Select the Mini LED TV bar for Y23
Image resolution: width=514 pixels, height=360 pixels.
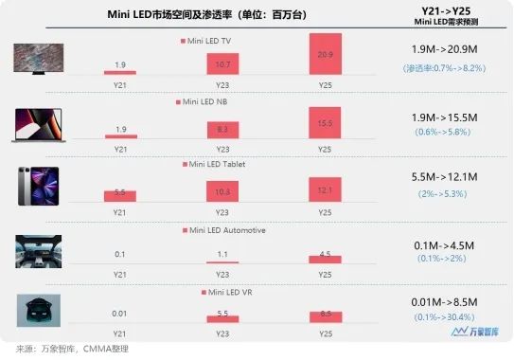click(222, 63)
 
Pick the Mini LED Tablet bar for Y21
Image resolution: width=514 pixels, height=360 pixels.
click(120, 195)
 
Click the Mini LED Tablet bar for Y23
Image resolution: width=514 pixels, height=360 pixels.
click(222, 190)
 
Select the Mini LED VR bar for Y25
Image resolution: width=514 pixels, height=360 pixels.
click(326, 315)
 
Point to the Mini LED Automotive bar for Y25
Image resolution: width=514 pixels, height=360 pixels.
click(326, 256)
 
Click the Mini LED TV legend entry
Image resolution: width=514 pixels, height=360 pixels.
click(208, 42)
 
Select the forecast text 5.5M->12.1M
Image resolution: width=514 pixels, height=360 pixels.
click(451, 177)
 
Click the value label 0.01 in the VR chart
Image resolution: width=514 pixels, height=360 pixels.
click(120, 314)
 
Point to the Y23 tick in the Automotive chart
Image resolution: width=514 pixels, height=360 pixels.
click(222, 274)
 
